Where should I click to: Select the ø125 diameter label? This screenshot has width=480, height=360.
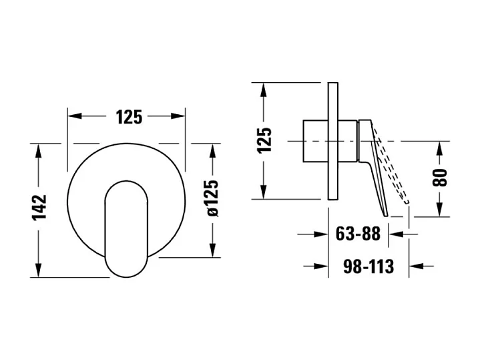tap(212, 198)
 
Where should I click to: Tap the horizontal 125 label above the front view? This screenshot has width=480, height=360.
tap(129, 116)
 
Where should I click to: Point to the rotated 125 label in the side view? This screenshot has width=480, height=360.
tap(265, 140)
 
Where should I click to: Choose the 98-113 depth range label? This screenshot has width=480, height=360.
tap(368, 266)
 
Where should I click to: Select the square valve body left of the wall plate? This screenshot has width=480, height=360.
tap(316, 141)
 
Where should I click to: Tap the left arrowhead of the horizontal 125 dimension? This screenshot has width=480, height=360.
tap(73, 116)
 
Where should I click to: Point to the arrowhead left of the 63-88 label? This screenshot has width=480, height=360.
tap(322, 234)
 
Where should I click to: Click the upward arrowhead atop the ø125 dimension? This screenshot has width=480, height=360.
tap(212, 149)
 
